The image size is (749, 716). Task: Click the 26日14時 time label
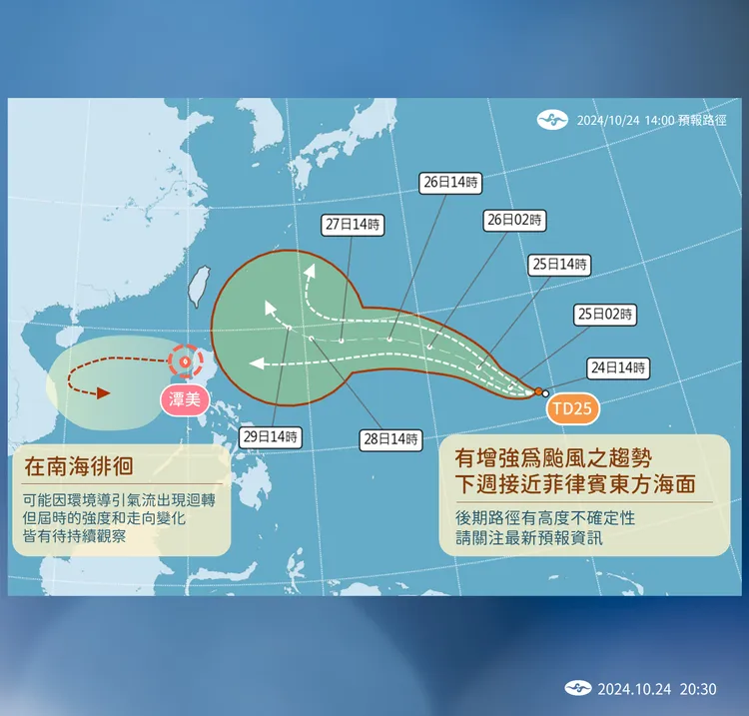click(450, 183)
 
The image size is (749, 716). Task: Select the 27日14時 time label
click(354, 225)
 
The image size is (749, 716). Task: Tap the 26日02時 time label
click(516, 220)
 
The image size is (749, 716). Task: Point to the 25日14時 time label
click(559, 265)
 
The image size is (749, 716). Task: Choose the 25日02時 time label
click(605, 314)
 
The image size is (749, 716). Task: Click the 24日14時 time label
click(618, 367)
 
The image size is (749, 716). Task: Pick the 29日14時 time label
click(271, 436)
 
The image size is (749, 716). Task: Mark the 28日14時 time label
click(391, 439)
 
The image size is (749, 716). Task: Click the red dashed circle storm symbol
click(185, 361)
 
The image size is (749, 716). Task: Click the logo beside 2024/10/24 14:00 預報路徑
click(551, 120)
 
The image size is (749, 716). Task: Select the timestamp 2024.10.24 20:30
click(657, 689)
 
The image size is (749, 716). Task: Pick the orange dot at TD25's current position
click(538, 391)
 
